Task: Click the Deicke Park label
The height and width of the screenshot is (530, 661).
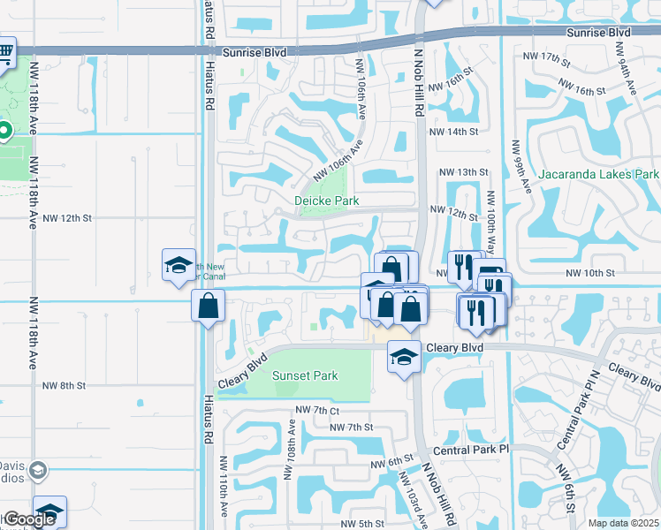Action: [327, 201]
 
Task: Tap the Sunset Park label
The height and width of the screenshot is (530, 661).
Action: [305, 375]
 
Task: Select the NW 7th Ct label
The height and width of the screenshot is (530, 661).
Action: [317, 410]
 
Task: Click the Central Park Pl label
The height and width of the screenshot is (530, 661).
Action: [472, 450]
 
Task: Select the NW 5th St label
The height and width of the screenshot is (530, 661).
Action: [360, 524]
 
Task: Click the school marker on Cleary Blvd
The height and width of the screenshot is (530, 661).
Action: [405, 358]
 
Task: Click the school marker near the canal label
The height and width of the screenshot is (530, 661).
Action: [179, 265]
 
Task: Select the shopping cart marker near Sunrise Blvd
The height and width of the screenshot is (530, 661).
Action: [4, 51]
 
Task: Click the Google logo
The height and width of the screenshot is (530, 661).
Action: [29, 519]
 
